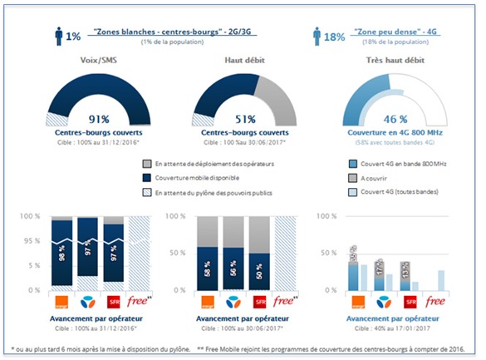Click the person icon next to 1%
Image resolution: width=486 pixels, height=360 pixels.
57,35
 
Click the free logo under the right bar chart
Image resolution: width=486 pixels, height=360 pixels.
435,300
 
